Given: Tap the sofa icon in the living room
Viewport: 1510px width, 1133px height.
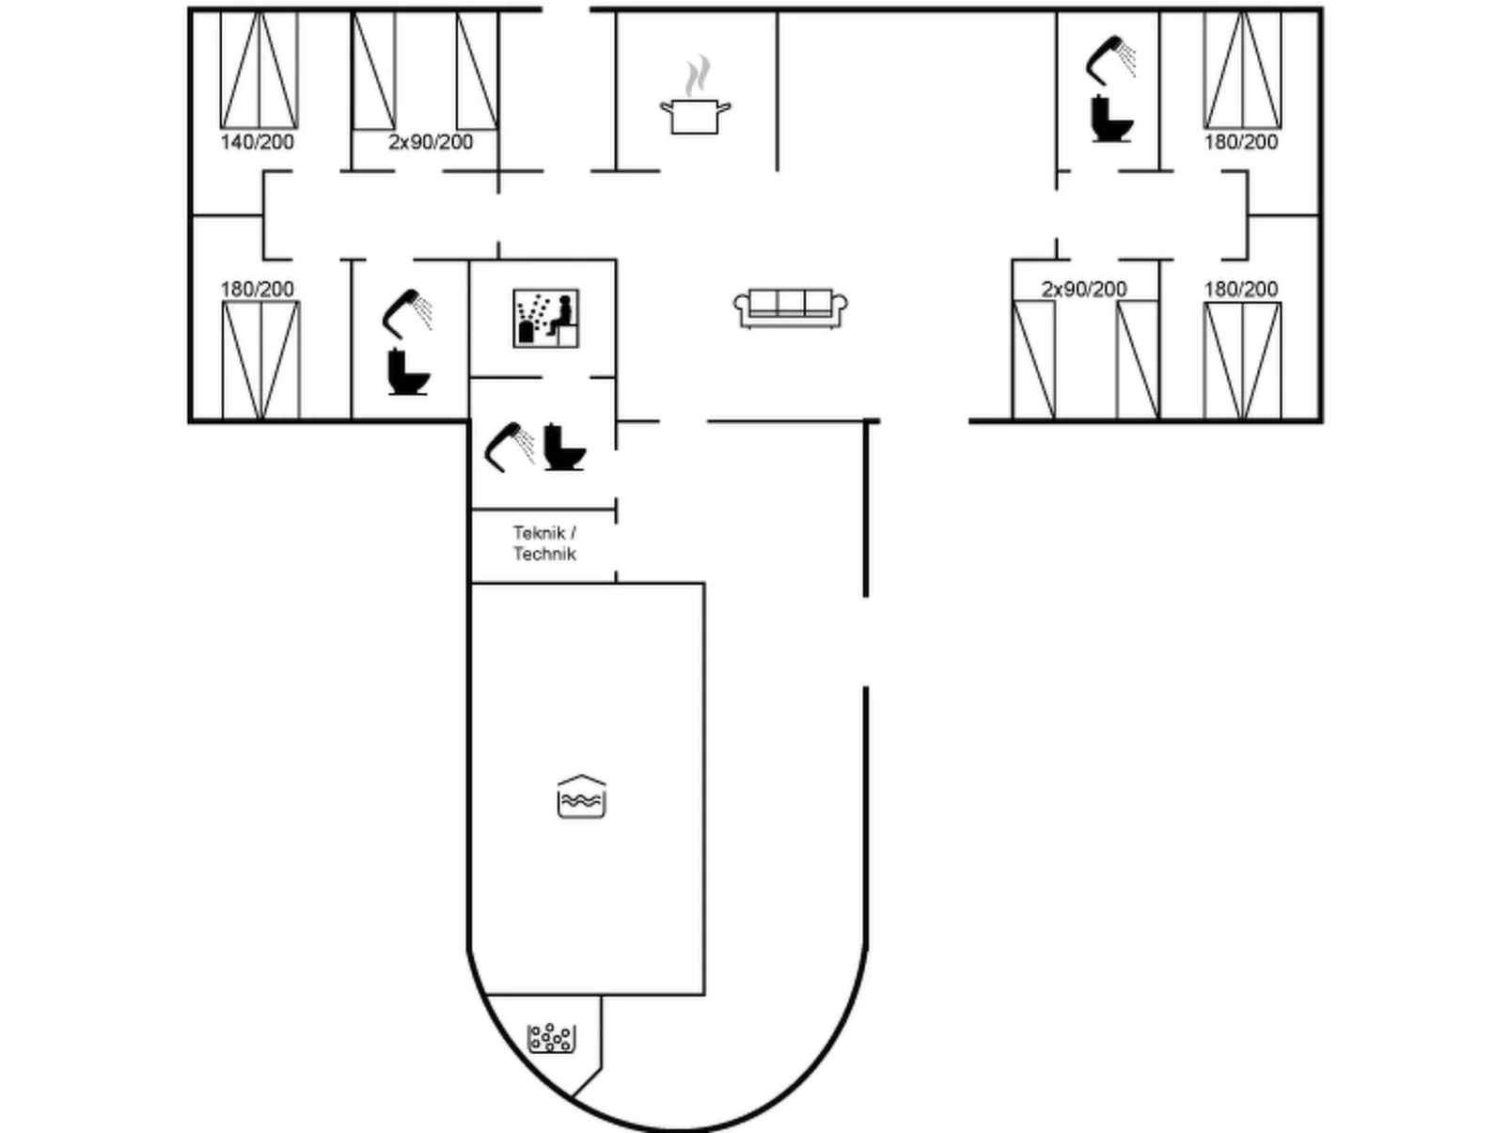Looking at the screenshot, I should click(x=790, y=307).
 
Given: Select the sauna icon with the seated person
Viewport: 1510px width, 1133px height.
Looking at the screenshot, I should click(x=545, y=318).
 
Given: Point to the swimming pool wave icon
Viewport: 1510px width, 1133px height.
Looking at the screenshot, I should click(x=582, y=798).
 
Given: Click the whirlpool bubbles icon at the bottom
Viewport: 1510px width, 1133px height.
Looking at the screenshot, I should click(x=551, y=1038).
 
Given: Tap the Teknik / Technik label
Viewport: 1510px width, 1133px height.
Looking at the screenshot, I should click(x=544, y=543).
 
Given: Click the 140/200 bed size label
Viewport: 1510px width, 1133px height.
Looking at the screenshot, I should click(x=257, y=142).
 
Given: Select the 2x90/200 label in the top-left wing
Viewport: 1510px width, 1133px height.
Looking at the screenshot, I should click(x=431, y=142).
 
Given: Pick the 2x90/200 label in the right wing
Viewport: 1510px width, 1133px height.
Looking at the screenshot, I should click(x=1084, y=289).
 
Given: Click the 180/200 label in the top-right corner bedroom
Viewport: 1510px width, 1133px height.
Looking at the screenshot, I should click(x=1241, y=142).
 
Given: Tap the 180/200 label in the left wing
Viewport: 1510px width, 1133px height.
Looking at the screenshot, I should click(x=257, y=289).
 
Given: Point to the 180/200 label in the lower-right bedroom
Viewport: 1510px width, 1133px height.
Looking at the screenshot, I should click(x=1241, y=289).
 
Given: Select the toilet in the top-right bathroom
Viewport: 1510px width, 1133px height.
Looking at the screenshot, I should click(x=1111, y=119).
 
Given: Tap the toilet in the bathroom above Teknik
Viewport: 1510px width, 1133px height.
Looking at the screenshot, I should click(x=564, y=448).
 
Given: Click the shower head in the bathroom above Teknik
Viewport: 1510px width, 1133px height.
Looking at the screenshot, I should click(x=509, y=446).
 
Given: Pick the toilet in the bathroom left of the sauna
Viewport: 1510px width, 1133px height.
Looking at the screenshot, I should click(x=408, y=371).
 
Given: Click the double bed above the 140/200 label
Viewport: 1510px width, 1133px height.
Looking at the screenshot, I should click(x=259, y=70).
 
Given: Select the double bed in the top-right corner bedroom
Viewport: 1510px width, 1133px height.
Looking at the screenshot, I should click(x=1242, y=70).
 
